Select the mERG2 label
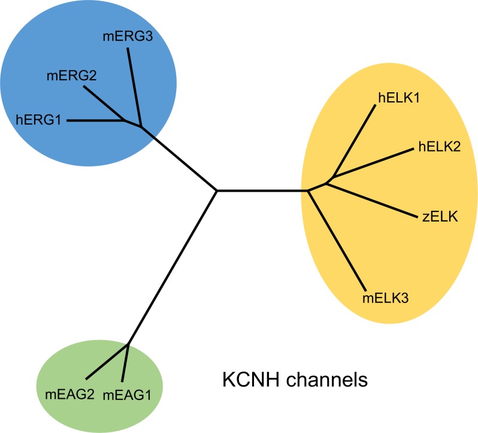[71, 76]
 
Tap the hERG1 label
[39, 120]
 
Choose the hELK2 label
[439, 147]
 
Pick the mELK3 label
[386, 296]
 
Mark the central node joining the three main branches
[217, 191]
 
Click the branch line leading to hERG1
[96, 120]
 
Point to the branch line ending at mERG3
[134, 84]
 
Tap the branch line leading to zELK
[374, 198]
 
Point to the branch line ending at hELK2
[371, 163]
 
